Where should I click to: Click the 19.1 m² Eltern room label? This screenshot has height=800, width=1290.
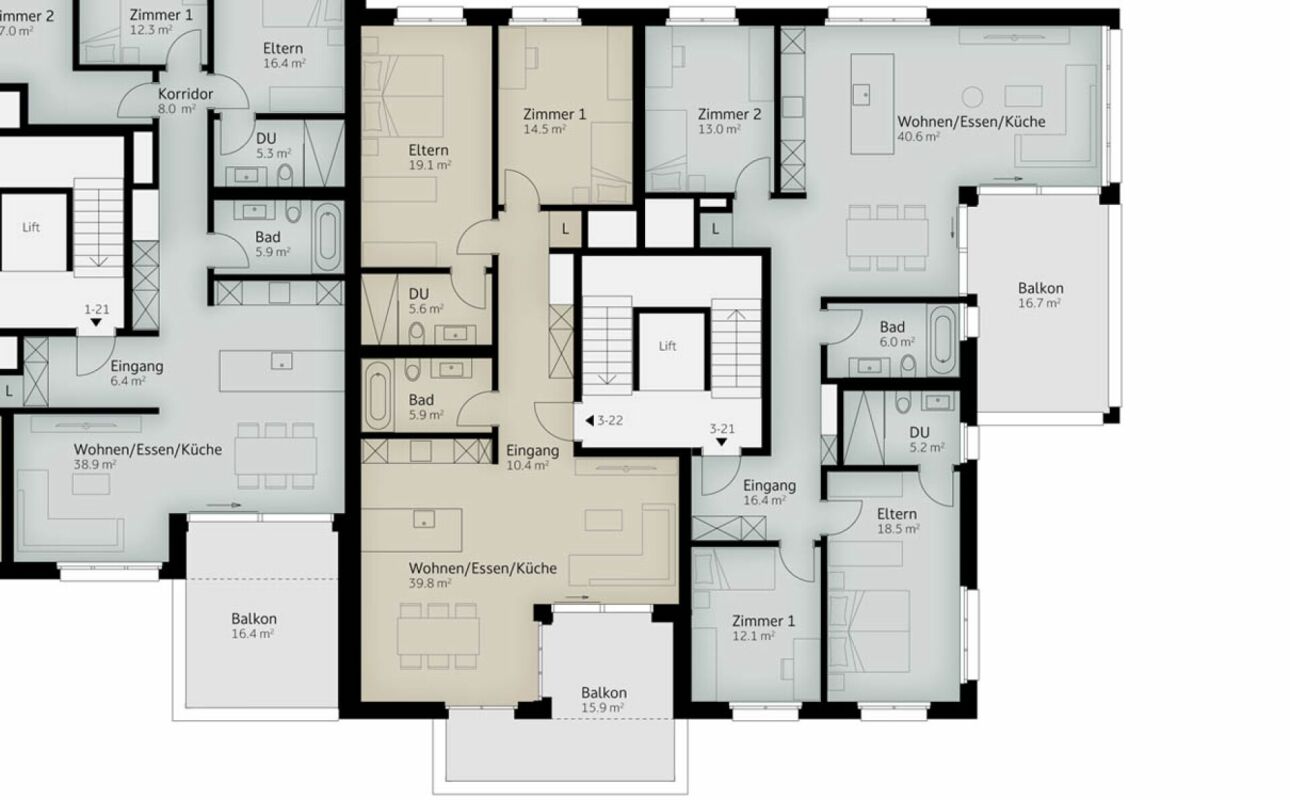coord(428,157)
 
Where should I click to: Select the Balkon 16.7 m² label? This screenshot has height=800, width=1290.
coord(1040,294)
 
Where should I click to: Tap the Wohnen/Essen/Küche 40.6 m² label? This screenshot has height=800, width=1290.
coord(970,128)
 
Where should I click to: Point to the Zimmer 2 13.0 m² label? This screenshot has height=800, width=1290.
coord(729,121)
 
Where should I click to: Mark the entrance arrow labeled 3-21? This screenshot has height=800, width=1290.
coord(721,436)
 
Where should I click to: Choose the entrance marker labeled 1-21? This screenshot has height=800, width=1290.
coord(97,316)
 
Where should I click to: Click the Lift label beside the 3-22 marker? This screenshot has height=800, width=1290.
coord(667,346)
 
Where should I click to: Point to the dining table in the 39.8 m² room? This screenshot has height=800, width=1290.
coord(437,635)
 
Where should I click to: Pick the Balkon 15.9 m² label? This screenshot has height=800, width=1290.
coord(604,699)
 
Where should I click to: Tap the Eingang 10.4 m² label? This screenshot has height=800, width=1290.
coord(532,457)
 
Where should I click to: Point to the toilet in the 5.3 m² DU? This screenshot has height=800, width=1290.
coord(286,174)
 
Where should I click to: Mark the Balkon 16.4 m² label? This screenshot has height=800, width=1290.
coord(253,625)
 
